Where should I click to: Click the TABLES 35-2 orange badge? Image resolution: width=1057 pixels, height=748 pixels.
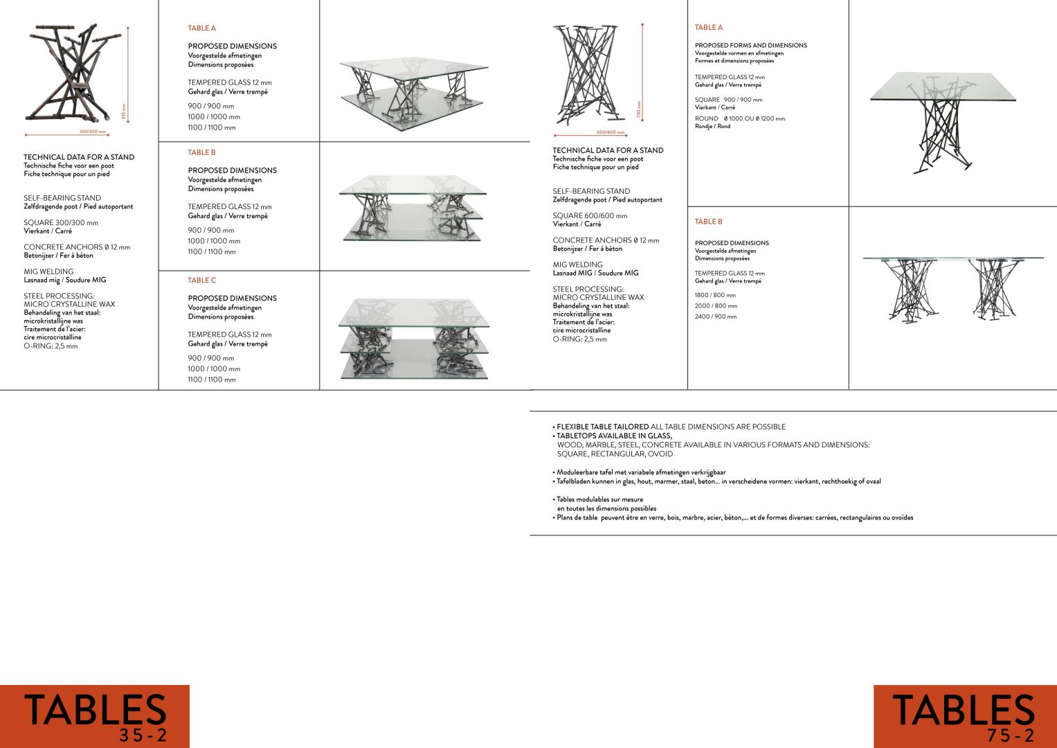click(x=95, y=716)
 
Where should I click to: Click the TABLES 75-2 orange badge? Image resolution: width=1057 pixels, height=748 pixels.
click(x=964, y=716)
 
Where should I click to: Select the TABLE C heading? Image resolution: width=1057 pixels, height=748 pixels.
click(x=202, y=280)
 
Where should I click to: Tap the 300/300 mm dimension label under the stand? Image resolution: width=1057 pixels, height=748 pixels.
click(x=93, y=132)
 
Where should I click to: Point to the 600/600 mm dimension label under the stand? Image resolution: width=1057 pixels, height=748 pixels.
click(x=610, y=132)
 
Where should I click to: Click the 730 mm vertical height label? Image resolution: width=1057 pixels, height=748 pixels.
click(x=639, y=109)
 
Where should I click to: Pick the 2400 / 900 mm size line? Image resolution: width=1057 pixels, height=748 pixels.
click(x=716, y=317)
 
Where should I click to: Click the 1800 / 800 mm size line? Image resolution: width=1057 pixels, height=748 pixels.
click(x=715, y=295)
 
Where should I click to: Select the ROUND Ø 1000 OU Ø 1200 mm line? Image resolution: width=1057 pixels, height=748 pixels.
click(x=740, y=118)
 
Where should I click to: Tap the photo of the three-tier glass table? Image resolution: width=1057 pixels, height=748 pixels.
click(x=414, y=338)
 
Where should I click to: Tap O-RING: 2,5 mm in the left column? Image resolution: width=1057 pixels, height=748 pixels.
click(x=51, y=346)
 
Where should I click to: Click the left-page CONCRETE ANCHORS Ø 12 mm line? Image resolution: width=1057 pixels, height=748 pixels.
click(x=77, y=247)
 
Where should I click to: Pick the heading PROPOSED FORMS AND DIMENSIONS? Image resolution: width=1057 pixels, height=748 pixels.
click(x=750, y=45)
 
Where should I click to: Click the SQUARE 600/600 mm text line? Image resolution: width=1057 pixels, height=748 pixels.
click(x=590, y=216)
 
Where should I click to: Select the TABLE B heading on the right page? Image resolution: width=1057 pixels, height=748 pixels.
click(x=708, y=222)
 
